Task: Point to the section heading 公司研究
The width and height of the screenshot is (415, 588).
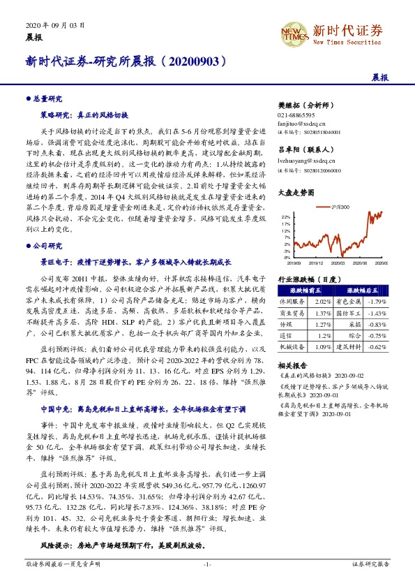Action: tap(50, 246)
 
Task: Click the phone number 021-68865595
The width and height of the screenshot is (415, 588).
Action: tap(296, 114)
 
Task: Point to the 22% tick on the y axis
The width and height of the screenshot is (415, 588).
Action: tap(285, 217)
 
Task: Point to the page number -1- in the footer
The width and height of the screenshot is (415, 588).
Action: tap(207, 582)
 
